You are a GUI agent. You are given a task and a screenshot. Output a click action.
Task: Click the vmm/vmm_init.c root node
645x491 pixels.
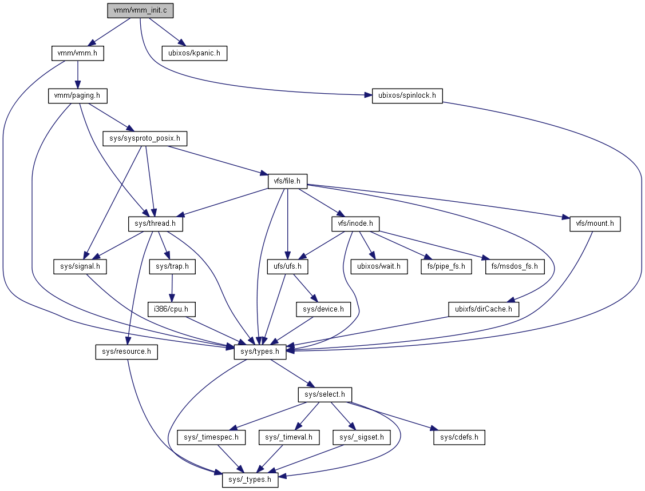140,11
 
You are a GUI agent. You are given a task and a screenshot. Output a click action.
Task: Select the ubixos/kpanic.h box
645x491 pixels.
195,53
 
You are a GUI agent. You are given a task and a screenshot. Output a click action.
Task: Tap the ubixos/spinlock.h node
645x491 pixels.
407,95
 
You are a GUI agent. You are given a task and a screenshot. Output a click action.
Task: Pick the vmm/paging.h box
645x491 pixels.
78,95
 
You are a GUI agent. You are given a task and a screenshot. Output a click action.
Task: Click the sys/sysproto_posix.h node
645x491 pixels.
145,138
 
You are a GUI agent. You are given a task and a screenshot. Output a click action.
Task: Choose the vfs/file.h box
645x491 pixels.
288,181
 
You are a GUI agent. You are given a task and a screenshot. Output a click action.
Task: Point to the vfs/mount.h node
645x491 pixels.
595,223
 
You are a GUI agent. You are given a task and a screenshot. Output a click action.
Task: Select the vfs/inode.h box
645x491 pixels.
355,223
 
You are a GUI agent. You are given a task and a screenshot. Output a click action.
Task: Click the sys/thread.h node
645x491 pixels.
152,223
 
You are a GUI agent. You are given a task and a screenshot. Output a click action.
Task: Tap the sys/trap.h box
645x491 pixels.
172,266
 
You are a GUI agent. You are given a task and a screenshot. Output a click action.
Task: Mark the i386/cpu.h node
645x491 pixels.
172,309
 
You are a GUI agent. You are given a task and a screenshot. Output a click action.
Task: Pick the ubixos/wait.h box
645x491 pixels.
379,266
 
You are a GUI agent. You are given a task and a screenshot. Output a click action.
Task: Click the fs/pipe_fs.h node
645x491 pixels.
446,266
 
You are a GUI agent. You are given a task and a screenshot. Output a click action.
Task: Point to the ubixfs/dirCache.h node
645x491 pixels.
484,309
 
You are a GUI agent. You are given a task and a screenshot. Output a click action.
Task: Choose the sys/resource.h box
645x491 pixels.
126,352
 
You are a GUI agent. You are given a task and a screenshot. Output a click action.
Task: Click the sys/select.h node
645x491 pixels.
325,394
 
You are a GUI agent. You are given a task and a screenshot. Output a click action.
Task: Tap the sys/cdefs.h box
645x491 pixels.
459,437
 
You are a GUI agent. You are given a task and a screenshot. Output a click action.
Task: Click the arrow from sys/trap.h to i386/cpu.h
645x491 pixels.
172,288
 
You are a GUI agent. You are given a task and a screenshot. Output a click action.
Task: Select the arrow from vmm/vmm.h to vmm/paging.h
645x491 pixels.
78,74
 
